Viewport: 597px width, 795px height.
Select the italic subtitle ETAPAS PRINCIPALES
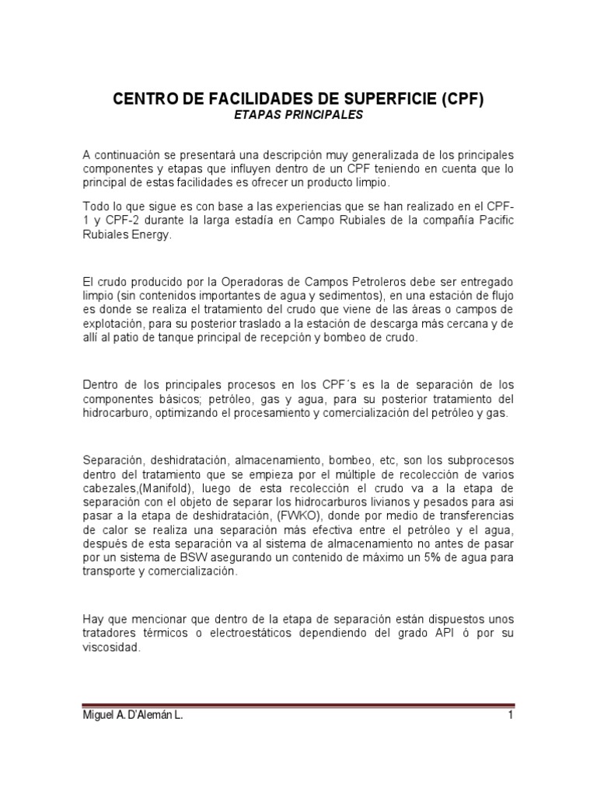pyautogui.click(x=298, y=115)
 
